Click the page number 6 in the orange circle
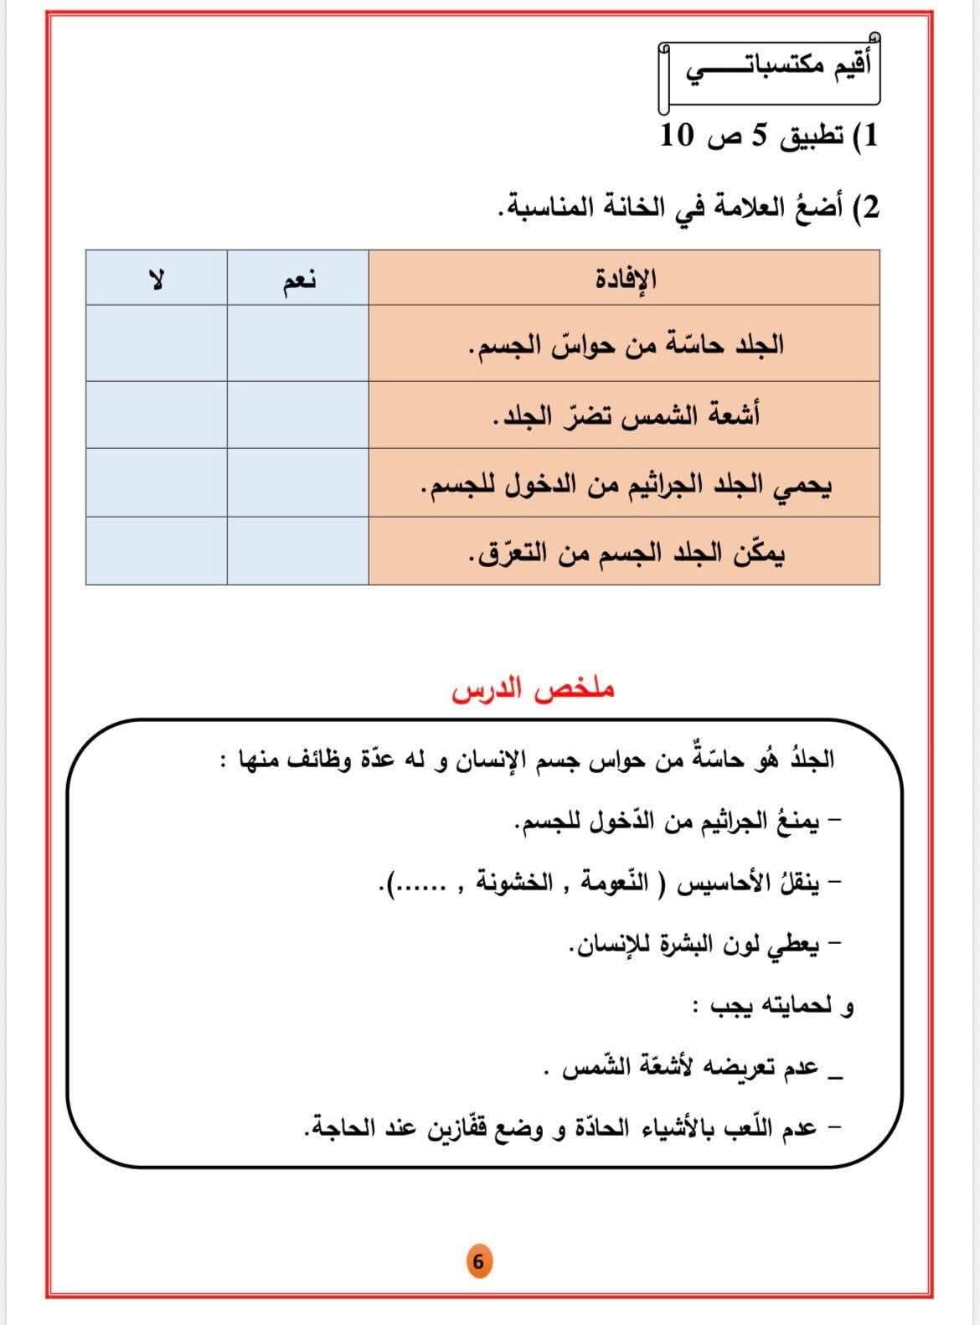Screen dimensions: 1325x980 478,1261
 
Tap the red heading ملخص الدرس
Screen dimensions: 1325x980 534,690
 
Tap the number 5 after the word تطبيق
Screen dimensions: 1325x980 757,137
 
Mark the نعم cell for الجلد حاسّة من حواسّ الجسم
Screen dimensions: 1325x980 297,343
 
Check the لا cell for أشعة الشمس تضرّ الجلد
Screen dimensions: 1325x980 156,415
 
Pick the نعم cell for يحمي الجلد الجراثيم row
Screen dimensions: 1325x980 297,483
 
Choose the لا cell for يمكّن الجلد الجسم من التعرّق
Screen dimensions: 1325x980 156,550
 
